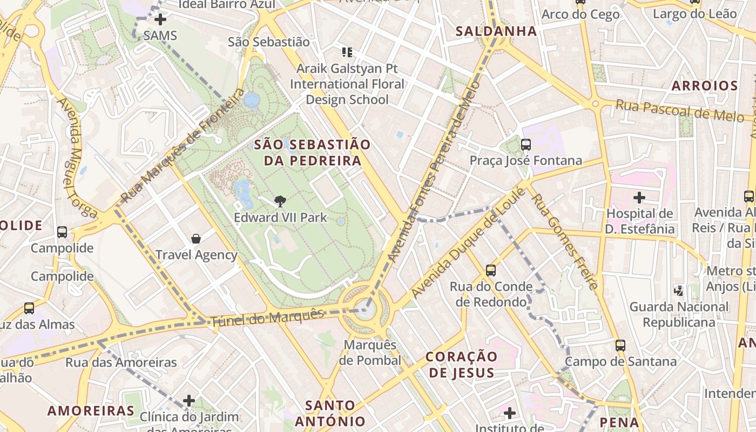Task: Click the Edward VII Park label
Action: point(280,218)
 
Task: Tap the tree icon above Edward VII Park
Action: point(280,202)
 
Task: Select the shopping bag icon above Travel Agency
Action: point(196,238)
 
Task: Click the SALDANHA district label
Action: point(496,31)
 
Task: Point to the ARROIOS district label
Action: point(704,85)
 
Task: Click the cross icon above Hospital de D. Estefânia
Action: point(639,198)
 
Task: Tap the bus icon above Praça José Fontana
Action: point(525,145)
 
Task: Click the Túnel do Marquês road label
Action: point(267,318)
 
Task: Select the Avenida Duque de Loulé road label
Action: point(468,242)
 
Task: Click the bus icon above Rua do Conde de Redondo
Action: point(490,271)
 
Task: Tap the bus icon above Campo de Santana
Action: point(620,345)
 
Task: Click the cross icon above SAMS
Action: point(160,20)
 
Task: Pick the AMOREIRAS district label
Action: point(91,410)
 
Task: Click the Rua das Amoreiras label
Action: point(121,362)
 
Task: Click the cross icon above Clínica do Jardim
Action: point(188,401)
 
